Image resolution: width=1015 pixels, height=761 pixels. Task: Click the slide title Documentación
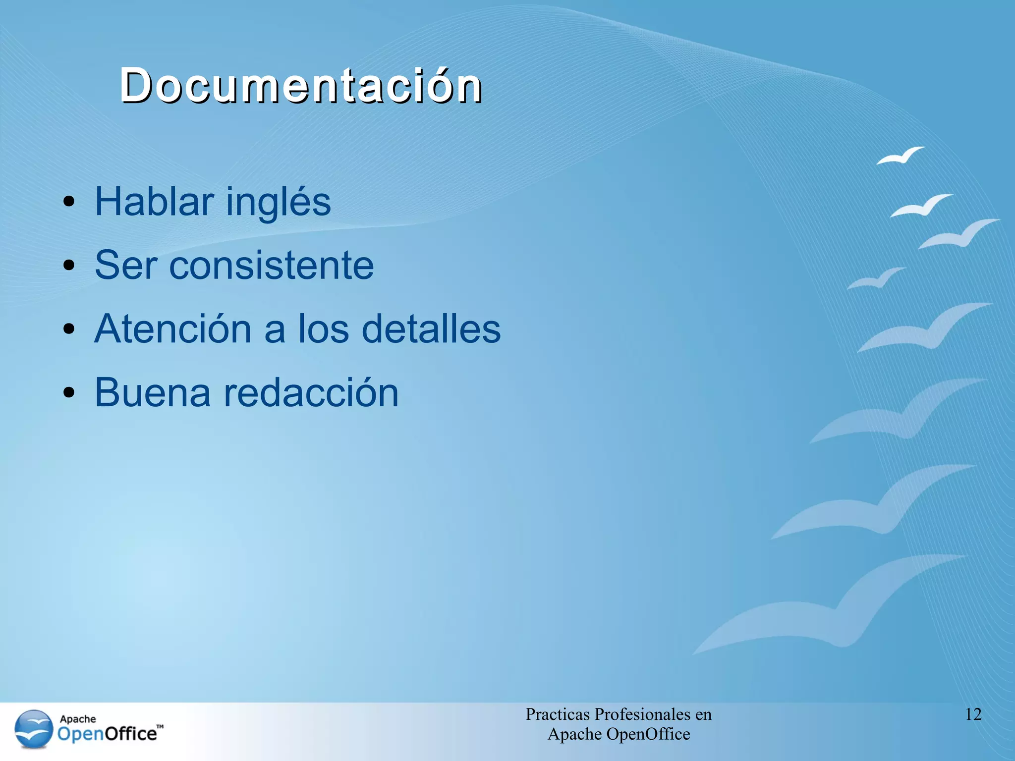(x=301, y=85)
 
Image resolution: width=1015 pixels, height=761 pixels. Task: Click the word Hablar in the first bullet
(x=154, y=201)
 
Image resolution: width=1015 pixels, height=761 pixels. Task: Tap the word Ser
(x=126, y=265)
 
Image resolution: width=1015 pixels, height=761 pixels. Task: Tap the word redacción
(x=311, y=392)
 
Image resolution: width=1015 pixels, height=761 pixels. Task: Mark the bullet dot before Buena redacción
(x=69, y=393)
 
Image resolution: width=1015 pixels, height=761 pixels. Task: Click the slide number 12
(x=973, y=714)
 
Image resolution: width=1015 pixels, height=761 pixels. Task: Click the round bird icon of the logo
(x=33, y=729)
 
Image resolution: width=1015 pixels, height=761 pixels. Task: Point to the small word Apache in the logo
(x=78, y=719)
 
